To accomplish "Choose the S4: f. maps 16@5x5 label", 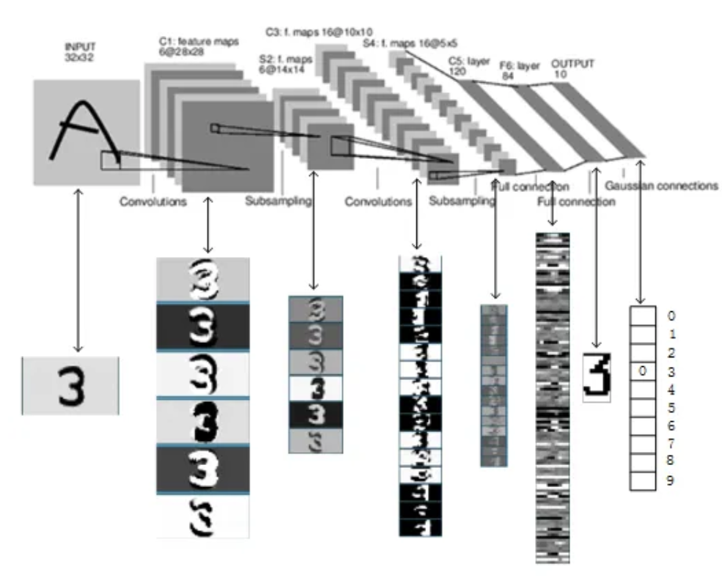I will coord(400,45).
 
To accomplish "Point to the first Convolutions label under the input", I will coord(152,201).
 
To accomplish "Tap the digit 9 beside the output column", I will coord(670,481).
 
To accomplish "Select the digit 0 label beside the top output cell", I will coord(670,317).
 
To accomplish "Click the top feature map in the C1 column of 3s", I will coord(203,279).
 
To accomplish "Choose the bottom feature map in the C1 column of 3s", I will coord(203,516).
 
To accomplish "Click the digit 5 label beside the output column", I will coord(670,409).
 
